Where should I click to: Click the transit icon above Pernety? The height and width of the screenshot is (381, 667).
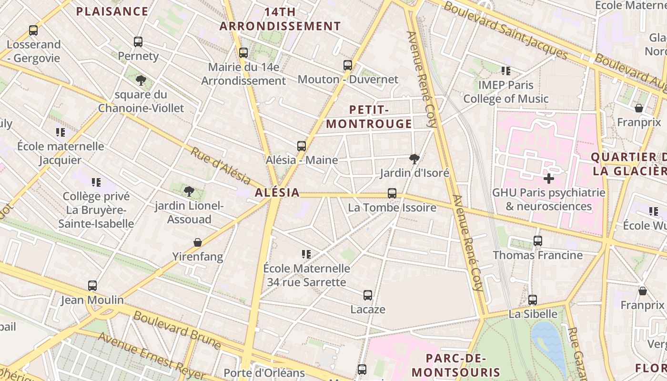[x=138, y=42]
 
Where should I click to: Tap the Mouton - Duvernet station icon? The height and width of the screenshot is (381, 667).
[x=348, y=65]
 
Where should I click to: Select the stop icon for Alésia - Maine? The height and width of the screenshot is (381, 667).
[x=302, y=146]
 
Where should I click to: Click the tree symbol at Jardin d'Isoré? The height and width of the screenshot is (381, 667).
[x=414, y=159]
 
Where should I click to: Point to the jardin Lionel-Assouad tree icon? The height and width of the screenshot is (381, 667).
[x=189, y=191]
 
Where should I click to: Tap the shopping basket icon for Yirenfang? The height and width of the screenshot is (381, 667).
[x=198, y=242]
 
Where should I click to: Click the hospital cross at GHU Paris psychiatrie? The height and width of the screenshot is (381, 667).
[x=549, y=179]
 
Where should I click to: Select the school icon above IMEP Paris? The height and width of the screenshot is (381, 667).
[x=506, y=71]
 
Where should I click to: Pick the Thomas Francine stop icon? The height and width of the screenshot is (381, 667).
[x=538, y=241]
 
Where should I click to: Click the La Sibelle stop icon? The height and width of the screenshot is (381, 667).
[x=533, y=300]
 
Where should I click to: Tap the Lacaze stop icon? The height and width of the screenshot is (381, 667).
[x=368, y=295]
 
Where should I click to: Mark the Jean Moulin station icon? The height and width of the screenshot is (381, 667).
[x=92, y=286]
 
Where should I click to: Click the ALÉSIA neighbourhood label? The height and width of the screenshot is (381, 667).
[x=277, y=192]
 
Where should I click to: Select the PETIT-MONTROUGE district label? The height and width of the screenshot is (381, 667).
[x=369, y=117]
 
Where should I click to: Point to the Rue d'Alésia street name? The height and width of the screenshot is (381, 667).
[x=221, y=166]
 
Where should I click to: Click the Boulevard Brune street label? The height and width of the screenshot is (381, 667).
[x=177, y=330]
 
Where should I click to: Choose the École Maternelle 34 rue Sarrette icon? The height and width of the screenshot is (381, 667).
[x=306, y=254]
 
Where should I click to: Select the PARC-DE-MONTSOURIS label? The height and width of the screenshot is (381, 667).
[x=456, y=365]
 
